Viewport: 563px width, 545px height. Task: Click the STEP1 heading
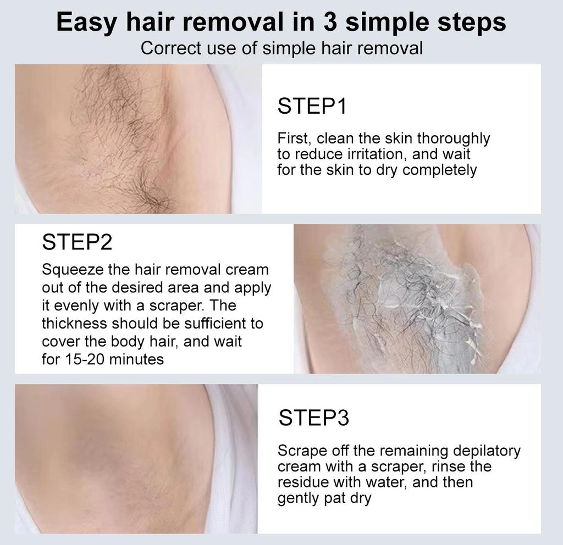312,106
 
